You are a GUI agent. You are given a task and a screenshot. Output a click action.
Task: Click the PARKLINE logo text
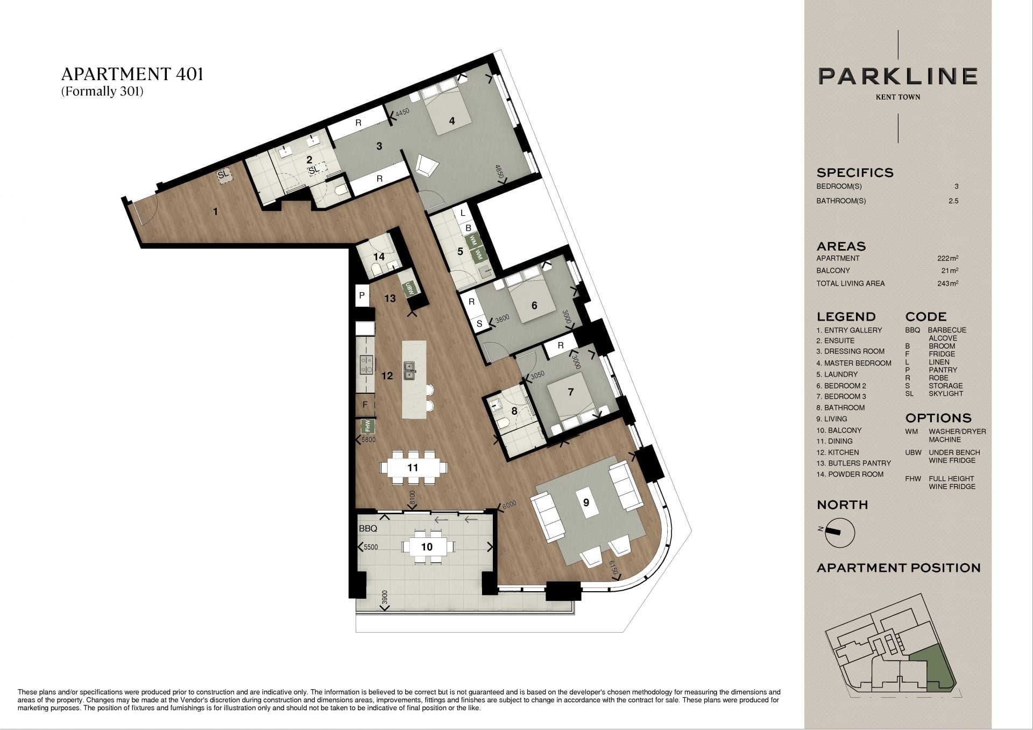[x=898, y=76]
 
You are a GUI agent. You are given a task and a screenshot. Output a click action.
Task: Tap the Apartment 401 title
[x=132, y=74]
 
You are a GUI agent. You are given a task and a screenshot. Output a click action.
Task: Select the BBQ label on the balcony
[x=368, y=529]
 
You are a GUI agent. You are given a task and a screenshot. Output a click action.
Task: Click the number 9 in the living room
[x=586, y=502]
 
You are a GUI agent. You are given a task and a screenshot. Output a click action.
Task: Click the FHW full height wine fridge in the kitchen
[x=368, y=427]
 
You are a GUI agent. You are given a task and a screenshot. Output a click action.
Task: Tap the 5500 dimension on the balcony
[x=371, y=547]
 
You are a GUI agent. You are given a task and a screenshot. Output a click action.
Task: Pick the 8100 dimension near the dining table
[x=413, y=498]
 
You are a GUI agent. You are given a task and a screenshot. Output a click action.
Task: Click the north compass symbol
[x=839, y=532]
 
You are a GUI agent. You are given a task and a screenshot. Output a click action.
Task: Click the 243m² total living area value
[x=947, y=283]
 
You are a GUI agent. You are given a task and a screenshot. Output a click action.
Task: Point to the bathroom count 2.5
[x=953, y=201]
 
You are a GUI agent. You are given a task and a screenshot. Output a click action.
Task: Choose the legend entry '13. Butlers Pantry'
[x=853, y=463]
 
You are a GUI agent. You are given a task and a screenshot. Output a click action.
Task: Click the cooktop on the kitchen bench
[x=366, y=364]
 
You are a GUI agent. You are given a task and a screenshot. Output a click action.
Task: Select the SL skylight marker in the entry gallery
[x=223, y=175]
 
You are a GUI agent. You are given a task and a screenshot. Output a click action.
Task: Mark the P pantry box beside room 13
[x=362, y=295]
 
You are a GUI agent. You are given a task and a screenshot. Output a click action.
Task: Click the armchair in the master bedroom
[x=427, y=166]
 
